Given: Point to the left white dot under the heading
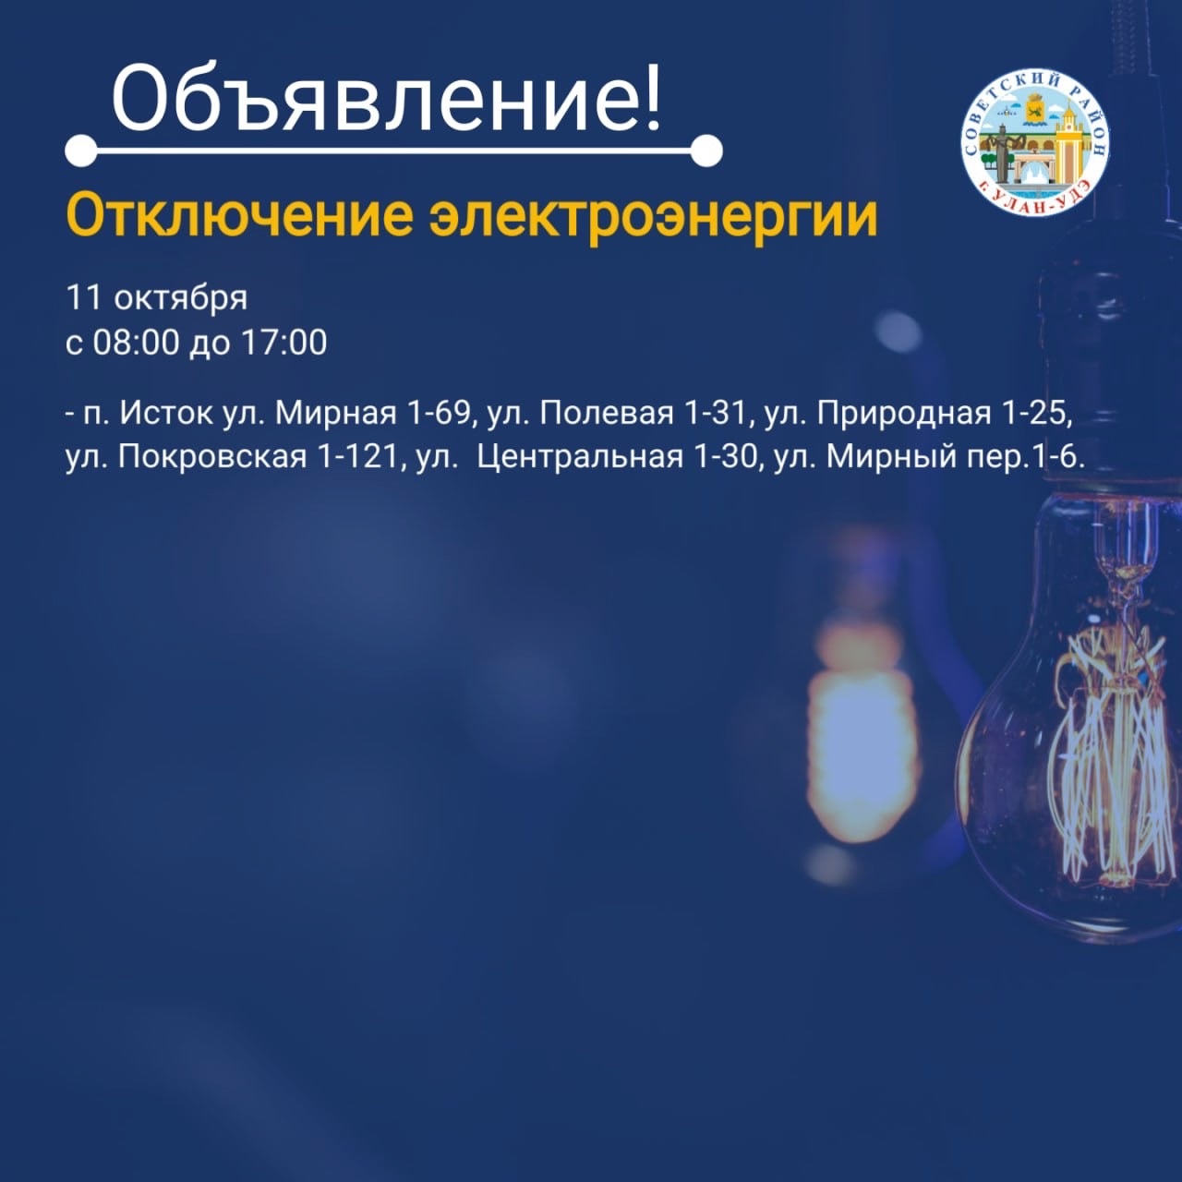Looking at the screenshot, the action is (81, 151).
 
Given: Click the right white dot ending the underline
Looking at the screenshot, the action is (706, 151).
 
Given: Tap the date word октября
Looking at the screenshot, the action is (181, 298).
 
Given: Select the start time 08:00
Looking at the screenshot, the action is (136, 343).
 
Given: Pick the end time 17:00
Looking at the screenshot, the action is (285, 343).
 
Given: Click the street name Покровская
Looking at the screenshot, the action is (212, 457).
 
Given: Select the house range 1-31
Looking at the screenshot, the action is (718, 414).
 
